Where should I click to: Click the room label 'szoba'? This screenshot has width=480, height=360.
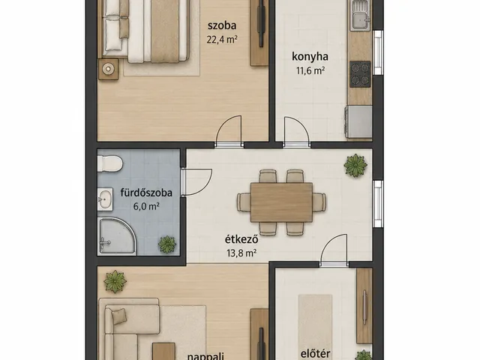222,25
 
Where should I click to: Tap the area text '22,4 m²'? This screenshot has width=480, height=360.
222,40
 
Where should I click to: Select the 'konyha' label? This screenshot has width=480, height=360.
310,57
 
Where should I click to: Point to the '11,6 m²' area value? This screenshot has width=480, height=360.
310,70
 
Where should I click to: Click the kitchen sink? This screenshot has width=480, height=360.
360,15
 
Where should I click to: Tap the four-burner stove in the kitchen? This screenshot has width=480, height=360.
360,74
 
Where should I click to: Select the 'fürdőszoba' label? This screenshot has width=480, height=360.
146,193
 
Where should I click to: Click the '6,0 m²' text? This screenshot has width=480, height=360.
146,207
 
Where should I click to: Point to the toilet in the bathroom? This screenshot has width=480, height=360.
109,163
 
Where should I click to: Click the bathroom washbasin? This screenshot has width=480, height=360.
105,199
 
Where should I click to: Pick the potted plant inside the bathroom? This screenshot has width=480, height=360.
167,244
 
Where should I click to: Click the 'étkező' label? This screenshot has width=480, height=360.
241,239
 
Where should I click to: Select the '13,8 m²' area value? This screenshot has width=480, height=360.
241,253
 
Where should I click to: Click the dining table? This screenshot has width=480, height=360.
281,202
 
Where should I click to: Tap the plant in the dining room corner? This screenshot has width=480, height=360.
355,166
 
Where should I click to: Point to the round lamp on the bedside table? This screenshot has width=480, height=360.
108,69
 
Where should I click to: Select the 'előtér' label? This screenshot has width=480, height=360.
315,353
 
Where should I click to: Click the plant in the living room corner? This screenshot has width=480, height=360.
115,282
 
